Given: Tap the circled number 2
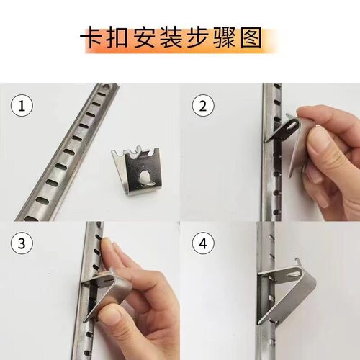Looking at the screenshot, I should tap(204, 107).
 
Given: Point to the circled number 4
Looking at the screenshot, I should tap(204, 243).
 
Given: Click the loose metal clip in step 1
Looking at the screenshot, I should tap(143, 173).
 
